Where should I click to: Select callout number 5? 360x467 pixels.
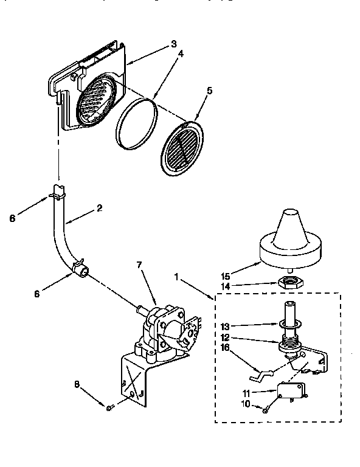tap(209, 91)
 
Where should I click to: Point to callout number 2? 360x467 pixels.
tap(99, 207)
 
